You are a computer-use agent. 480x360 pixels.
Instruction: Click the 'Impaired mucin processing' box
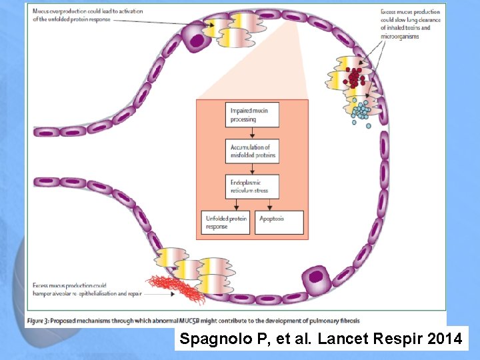pyautogui.click(x=252, y=115)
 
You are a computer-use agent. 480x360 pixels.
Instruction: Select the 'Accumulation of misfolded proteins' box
pyautogui.click(x=252, y=151)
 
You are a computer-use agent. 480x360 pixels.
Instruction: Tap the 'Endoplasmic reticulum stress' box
pyautogui.click(x=252, y=186)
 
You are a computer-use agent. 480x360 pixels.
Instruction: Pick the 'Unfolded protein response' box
pyautogui.click(x=226, y=223)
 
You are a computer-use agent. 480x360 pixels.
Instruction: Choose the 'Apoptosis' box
pyautogui.click(x=279, y=223)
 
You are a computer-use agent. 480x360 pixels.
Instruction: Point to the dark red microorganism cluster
pyautogui.click(x=354, y=77)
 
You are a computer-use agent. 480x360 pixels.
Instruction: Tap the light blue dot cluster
pyautogui.click(x=361, y=111)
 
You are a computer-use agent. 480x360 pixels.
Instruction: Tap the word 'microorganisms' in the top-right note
pyautogui.click(x=401, y=37)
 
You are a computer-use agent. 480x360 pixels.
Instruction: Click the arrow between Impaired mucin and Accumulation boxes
pyautogui.click(x=252, y=133)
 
